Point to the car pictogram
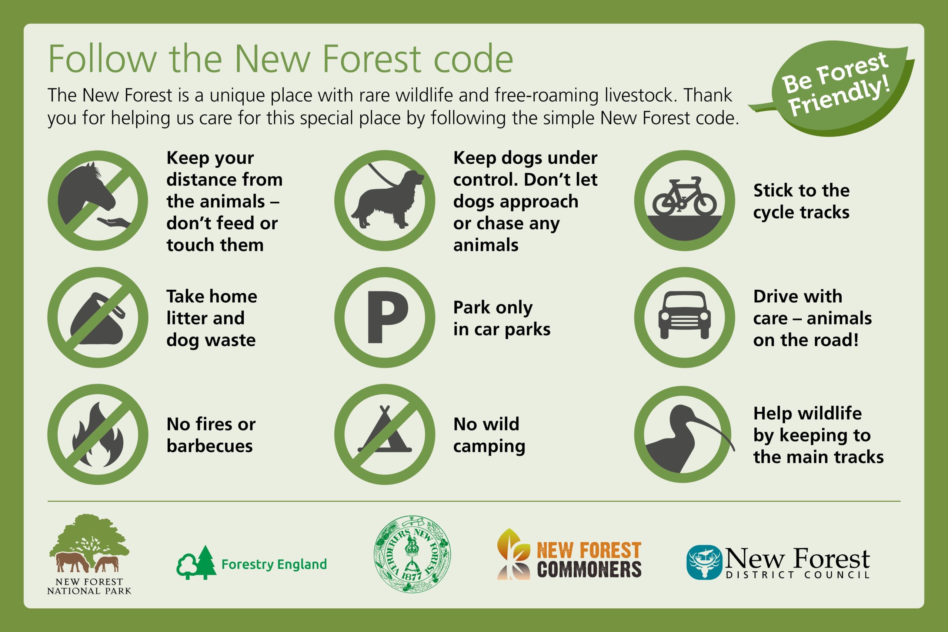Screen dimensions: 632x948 (x=684, y=315)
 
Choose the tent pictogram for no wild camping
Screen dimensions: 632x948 (x=385, y=433)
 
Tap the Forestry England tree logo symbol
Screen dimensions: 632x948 (x=196, y=563)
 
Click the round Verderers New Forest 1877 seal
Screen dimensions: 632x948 (x=412, y=554)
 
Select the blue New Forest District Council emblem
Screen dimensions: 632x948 (x=704, y=562)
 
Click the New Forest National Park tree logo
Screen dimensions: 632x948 (x=90, y=544)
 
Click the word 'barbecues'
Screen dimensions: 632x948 (x=210, y=446)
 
